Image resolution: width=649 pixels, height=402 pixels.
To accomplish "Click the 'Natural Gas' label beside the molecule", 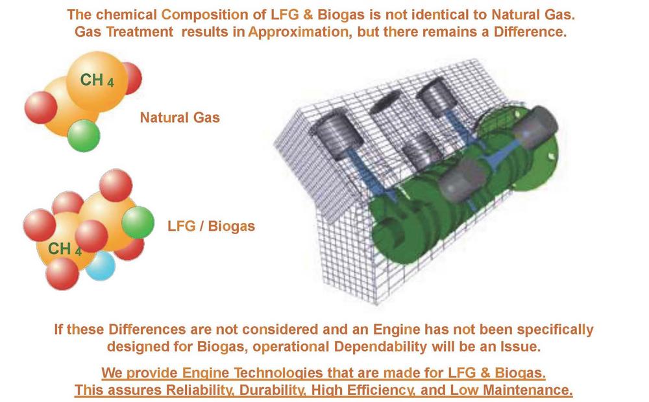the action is [x=180, y=117].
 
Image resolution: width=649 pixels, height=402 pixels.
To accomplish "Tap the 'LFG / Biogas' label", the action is [x=211, y=226].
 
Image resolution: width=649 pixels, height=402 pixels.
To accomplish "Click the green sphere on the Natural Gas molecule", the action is [x=84, y=136].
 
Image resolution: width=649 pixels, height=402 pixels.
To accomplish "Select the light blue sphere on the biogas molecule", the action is [x=101, y=266].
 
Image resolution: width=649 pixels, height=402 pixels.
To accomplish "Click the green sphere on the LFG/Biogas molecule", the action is [x=138, y=222].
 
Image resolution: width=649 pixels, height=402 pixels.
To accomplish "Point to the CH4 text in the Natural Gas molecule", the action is [x=97, y=80].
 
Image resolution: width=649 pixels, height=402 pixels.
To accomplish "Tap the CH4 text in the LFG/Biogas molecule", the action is [x=64, y=249].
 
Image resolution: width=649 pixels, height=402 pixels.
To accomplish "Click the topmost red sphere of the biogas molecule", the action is [x=116, y=185].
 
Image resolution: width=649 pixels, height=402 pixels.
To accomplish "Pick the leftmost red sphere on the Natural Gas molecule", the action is [x=40, y=108].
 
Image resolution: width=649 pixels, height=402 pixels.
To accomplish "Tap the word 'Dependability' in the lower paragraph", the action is [x=380, y=347].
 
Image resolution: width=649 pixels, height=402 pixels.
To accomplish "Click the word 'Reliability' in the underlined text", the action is [x=201, y=390].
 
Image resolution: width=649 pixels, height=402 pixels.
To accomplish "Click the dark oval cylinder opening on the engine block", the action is [x=386, y=101].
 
